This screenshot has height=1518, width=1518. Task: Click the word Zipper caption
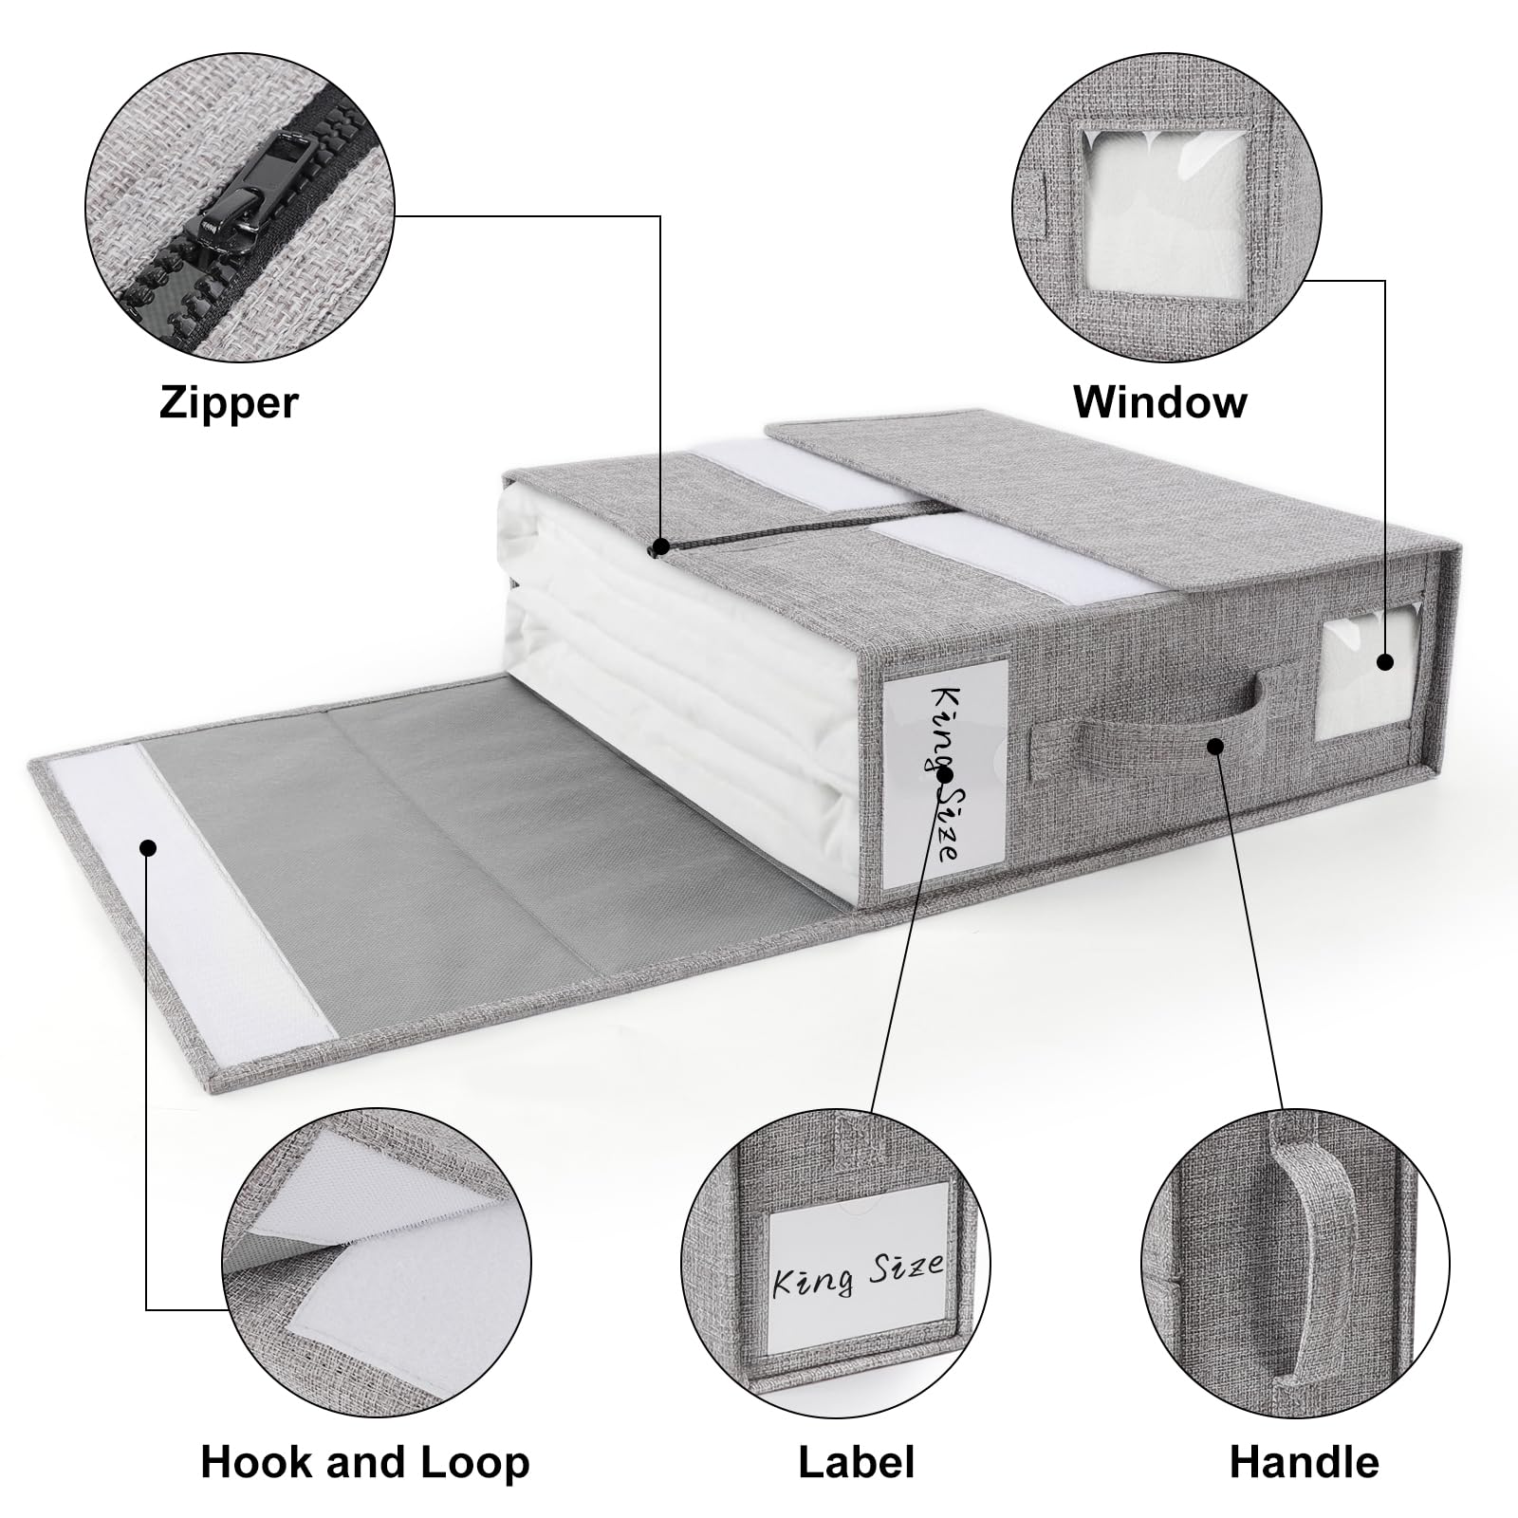coord(229,402)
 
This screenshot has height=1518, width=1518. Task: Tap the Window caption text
coord(1159,401)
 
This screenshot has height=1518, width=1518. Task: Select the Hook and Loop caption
coord(365,1462)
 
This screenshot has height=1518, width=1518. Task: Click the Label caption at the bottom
coord(856,1462)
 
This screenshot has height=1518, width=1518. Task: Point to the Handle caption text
coord(1304,1462)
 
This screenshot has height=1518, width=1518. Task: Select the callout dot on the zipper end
coord(661,546)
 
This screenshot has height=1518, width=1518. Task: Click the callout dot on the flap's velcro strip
coord(147,847)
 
